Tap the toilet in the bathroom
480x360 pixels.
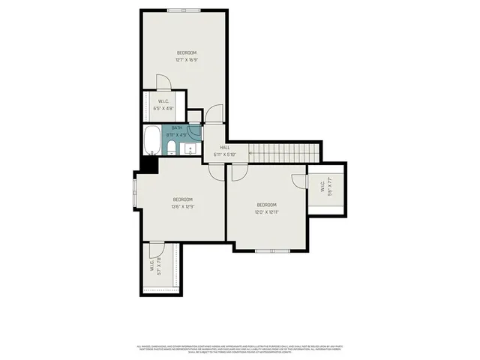(x=171, y=146)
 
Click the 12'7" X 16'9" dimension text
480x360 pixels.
(x=187, y=59)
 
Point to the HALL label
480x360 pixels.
(x=224, y=148)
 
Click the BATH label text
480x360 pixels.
(x=176, y=129)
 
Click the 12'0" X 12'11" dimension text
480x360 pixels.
(x=267, y=212)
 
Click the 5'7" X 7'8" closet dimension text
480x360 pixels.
(x=155, y=267)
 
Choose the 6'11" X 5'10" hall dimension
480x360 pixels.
(x=224, y=154)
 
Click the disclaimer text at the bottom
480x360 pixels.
(x=240, y=349)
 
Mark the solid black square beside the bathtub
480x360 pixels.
(x=148, y=164)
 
